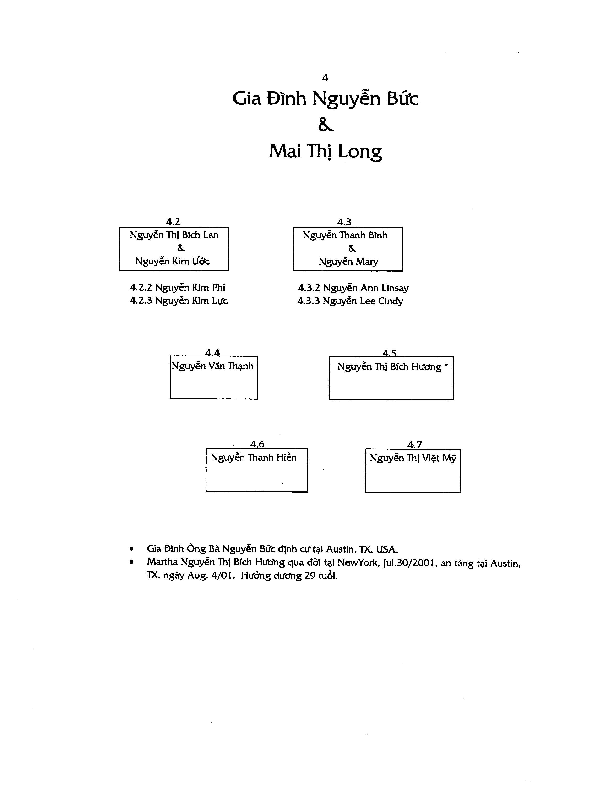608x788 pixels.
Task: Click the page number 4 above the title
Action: [325, 77]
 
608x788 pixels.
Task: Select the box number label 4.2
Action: [173, 222]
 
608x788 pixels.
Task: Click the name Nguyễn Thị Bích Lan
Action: [174, 235]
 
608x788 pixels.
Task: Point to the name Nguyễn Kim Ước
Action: [172, 262]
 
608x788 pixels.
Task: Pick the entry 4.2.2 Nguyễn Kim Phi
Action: [177, 288]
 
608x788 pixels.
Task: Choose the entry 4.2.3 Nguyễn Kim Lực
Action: [179, 301]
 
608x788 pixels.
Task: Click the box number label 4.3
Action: [344, 222]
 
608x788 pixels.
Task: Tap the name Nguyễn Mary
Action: [348, 262]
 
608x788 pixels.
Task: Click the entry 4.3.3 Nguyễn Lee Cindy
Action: [350, 301]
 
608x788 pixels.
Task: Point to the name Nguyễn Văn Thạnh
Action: [212, 367]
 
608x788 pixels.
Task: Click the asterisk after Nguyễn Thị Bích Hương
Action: [446, 366]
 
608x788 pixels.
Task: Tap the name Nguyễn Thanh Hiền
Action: [254, 458]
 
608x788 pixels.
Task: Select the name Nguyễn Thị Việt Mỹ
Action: [413, 459]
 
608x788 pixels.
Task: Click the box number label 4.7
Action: [415, 444]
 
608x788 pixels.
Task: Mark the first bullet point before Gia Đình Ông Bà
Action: [132, 549]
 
